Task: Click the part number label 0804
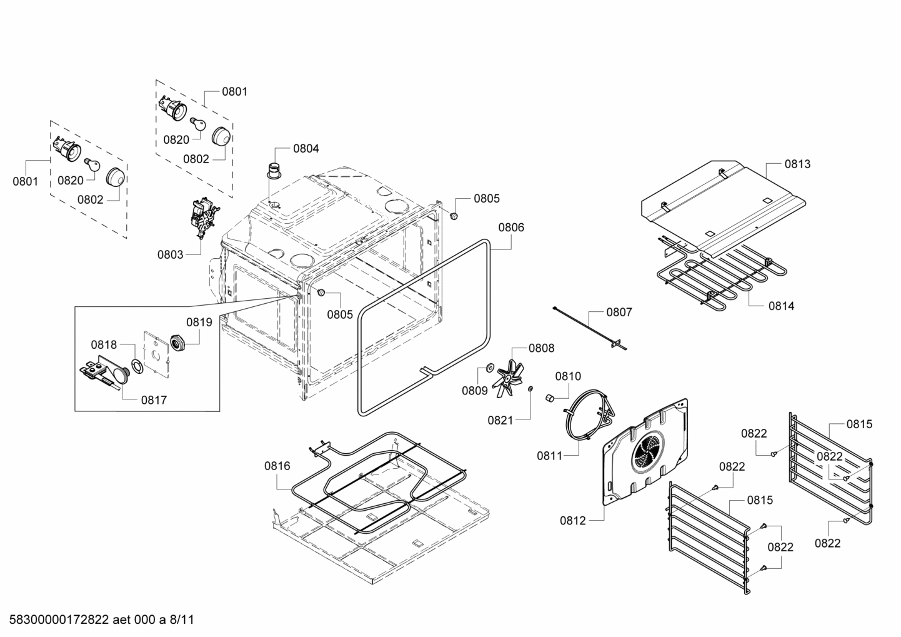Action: click(306, 149)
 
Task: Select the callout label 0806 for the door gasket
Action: click(511, 228)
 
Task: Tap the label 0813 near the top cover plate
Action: click(797, 164)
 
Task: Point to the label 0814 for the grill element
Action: click(781, 306)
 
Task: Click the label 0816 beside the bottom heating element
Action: click(277, 466)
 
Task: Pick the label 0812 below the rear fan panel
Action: click(573, 520)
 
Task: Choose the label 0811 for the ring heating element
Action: click(550, 456)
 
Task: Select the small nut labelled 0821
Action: click(530, 389)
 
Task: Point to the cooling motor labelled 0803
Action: click(202, 218)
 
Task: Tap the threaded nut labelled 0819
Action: click(177, 343)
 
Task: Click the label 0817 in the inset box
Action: click(154, 400)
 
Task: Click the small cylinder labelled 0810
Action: click(549, 398)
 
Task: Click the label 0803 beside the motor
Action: click(170, 254)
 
